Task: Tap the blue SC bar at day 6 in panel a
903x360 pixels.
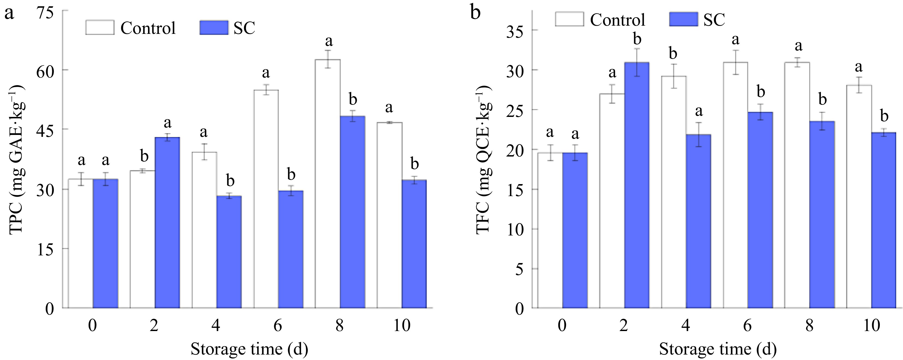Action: point(291,249)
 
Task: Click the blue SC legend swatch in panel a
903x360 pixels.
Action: point(214,28)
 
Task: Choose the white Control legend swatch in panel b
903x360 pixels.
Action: point(569,19)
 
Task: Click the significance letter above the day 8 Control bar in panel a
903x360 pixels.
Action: point(328,41)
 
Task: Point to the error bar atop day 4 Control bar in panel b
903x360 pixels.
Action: point(674,76)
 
